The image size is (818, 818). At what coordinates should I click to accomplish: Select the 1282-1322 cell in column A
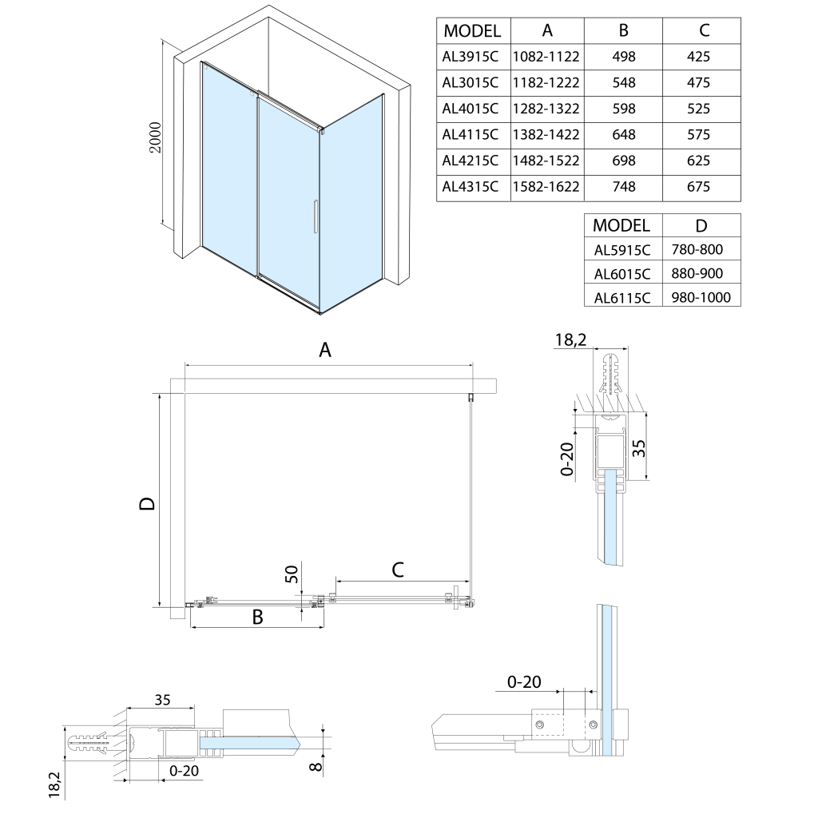547,109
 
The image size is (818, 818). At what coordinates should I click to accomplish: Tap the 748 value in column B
623,187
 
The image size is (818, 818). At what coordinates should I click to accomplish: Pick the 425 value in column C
698,57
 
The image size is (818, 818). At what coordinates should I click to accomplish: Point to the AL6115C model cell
623,298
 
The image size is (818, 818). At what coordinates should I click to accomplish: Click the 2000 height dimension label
156,138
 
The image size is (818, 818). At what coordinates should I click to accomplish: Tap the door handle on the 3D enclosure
316,216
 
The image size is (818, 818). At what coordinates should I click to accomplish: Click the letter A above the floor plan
325,349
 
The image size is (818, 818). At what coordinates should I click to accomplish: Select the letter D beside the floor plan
146,503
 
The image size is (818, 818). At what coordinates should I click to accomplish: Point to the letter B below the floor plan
258,617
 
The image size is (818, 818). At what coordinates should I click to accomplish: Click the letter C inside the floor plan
397,569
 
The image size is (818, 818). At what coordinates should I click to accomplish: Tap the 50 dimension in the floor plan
292,573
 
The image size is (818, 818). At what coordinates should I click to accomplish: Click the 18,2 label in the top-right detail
571,340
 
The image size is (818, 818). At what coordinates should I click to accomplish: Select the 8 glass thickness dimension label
316,768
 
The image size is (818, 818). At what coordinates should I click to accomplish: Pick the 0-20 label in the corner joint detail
524,681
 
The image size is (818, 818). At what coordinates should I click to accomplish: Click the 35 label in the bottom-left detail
162,701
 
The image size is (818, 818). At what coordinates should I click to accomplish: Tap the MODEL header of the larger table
472,31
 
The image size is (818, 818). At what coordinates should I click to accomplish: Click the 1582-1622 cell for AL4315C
547,187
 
